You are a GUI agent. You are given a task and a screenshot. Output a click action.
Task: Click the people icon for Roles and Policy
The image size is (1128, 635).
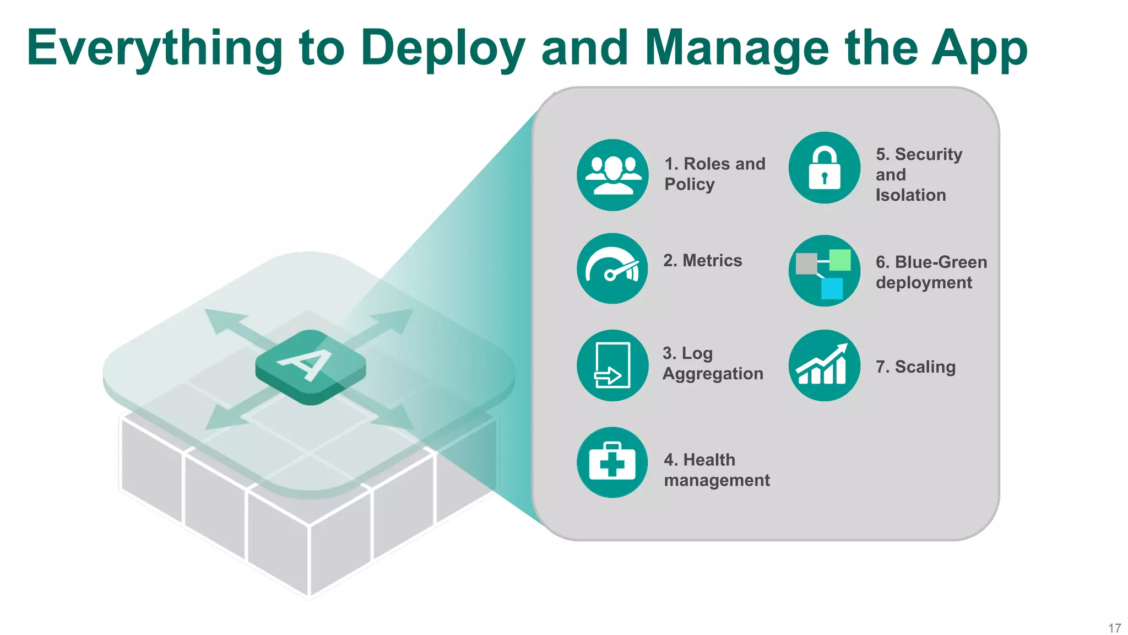click(x=612, y=175)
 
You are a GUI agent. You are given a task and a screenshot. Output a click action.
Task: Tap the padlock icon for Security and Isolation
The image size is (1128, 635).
click(x=824, y=168)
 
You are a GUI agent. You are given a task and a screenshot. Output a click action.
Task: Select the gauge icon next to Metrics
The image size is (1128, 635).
click(x=612, y=268)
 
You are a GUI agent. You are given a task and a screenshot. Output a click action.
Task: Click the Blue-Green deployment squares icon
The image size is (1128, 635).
click(x=824, y=271)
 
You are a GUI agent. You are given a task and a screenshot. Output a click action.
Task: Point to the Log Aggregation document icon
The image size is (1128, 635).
click(x=612, y=365)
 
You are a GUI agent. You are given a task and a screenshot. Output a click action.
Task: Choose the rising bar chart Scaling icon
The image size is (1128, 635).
click(x=824, y=365)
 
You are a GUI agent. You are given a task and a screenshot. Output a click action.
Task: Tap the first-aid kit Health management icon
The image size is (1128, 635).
click(x=612, y=462)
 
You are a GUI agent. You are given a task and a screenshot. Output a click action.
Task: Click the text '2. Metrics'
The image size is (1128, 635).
click(x=702, y=260)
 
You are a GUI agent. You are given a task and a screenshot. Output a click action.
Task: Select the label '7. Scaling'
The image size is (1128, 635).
click(x=915, y=367)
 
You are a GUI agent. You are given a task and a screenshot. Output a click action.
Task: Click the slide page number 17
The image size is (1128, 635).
click(x=1114, y=628)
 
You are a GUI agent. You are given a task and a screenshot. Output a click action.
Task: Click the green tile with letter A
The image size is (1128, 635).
click(x=310, y=367)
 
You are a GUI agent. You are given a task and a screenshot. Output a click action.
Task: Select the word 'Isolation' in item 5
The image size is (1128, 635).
click(x=910, y=195)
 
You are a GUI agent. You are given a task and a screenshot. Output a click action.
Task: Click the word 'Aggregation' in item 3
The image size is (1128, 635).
click(x=713, y=374)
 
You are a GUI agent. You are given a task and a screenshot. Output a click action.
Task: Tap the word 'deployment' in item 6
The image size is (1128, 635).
click(x=924, y=283)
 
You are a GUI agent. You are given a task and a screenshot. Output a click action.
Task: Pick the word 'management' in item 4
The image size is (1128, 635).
click(x=717, y=480)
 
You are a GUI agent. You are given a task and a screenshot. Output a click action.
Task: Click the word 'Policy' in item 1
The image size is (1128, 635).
click(x=689, y=184)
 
